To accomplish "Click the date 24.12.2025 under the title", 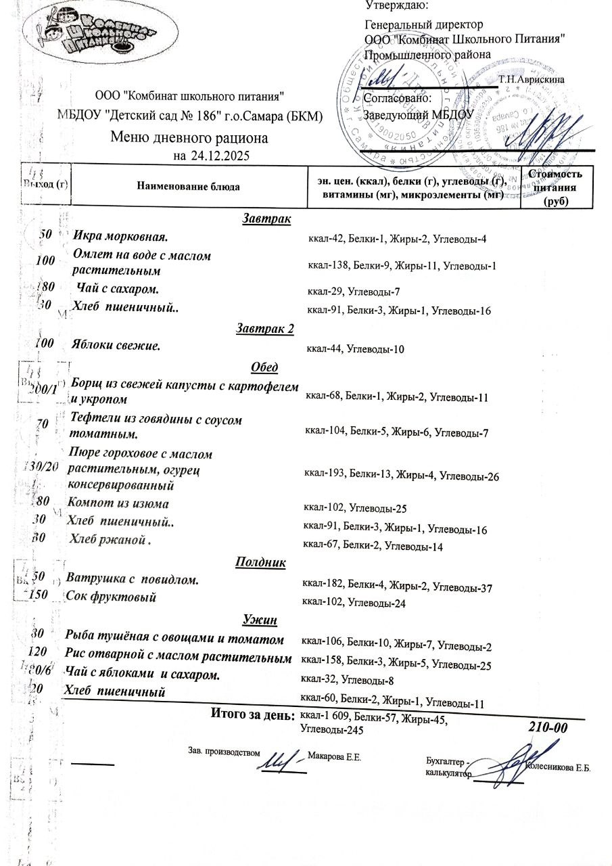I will (221, 156).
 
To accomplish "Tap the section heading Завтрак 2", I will (265, 329).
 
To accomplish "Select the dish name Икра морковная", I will (120, 237).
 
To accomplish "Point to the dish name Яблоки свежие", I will (116, 346).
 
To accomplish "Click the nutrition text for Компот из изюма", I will (355, 509).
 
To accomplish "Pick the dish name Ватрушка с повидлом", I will (133, 580).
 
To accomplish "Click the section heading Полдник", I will (260, 562).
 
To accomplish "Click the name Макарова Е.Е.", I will (334, 756).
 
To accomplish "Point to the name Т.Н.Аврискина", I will (532, 80).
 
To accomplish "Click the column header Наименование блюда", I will (188, 186).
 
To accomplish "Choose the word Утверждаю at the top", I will (396, 6).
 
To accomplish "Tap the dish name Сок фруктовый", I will (112, 597).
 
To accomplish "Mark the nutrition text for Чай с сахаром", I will (354, 292).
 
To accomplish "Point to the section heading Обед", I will (264, 367).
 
